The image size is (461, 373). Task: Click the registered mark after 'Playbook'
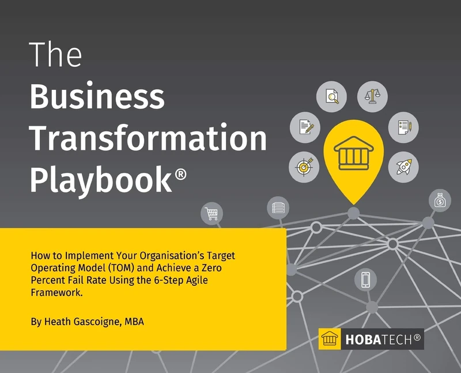pos(180,171)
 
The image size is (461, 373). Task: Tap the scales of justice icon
pos(372,96)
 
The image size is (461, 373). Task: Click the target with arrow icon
pos(303,166)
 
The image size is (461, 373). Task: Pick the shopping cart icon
pos(211,214)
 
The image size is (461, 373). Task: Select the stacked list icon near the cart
pos(278,207)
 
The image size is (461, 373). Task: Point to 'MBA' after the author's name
pos(134,322)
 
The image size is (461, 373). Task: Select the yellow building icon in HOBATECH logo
pos(330,340)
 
